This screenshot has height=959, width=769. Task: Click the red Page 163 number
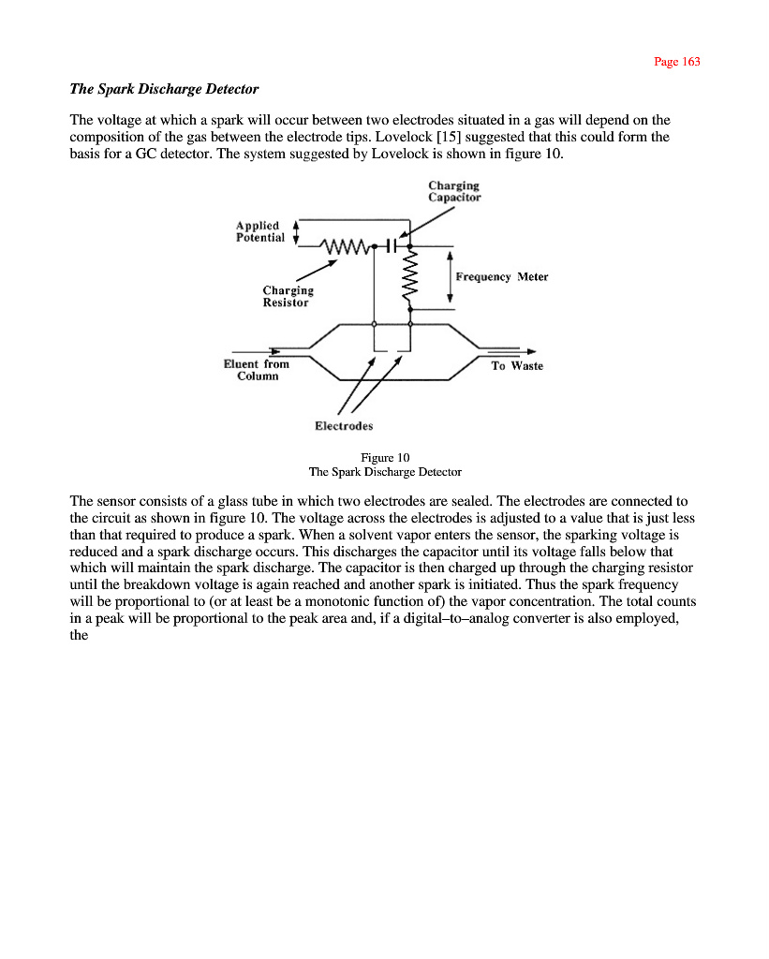pyautogui.click(x=676, y=62)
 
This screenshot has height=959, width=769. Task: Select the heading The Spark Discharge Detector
pyautogui.click(x=164, y=89)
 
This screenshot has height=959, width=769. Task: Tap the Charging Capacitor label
pyautogui.click(x=454, y=191)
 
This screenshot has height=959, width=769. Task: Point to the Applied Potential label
pyautogui.click(x=259, y=231)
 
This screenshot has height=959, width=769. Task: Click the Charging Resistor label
pyautogui.click(x=288, y=296)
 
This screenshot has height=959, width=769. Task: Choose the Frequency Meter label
pyautogui.click(x=501, y=277)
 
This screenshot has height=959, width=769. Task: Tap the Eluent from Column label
pyautogui.click(x=257, y=369)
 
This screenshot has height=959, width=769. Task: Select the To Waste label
pyautogui.click(x=517, y=365)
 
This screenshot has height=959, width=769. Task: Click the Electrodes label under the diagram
pyautogui.click(x=344, y=426)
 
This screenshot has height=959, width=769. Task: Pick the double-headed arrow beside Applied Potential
pyautogui.click(x=296, y=232)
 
